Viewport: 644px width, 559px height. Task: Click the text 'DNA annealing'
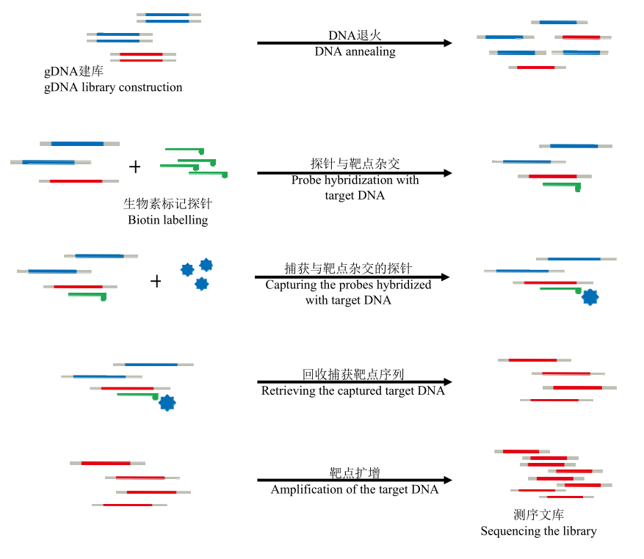355,51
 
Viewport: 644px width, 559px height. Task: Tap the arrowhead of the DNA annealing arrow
448,43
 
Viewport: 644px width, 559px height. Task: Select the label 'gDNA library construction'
113,87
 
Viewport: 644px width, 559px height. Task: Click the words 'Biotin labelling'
167,220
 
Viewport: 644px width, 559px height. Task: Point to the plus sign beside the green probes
134,167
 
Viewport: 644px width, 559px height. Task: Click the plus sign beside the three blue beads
156,281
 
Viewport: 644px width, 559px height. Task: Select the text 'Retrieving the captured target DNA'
352,390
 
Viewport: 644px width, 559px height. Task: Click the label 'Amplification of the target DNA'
355,489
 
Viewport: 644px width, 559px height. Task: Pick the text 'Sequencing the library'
538,531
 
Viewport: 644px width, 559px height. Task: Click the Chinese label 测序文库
538,514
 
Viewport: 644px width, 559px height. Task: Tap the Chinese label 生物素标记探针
167,203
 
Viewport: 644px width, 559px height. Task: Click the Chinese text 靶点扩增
355,473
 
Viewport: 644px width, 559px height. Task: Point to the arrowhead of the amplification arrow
448,480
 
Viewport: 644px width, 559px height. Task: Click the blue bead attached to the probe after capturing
590,296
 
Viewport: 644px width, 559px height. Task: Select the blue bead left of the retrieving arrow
167,403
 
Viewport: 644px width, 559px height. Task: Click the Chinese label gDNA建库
73,71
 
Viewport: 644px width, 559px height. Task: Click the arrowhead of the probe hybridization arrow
448,173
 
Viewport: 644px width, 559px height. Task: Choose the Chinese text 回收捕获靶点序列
353,374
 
